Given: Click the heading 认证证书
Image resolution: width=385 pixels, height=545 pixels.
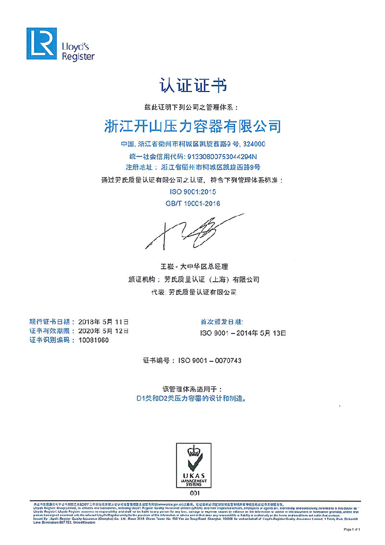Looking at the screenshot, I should (x=192, y=86).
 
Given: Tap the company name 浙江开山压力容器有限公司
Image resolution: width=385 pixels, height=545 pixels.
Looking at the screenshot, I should (x=193, y=126).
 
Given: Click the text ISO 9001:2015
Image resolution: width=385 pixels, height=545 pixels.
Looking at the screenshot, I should (x=192, y=192).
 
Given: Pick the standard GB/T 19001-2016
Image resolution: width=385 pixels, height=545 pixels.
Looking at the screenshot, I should (x=192, y=203).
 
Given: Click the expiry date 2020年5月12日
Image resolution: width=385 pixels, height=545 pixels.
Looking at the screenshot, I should (x=104, y=331).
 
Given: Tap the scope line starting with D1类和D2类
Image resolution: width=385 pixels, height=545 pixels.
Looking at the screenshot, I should (x=192, y=398).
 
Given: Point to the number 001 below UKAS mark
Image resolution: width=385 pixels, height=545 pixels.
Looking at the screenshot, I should (x=192, y=494).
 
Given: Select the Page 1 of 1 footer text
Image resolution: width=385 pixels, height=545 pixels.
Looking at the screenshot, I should (x=352, y=529).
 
